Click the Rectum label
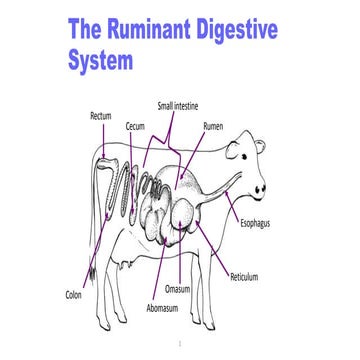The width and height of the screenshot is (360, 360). click(100, 116)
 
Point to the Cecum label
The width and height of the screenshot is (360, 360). click(138, 127)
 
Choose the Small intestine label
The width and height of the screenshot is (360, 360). click(177, 105)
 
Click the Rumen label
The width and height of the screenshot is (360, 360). click(213, 127)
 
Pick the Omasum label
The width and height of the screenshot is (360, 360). click(178, 289)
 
